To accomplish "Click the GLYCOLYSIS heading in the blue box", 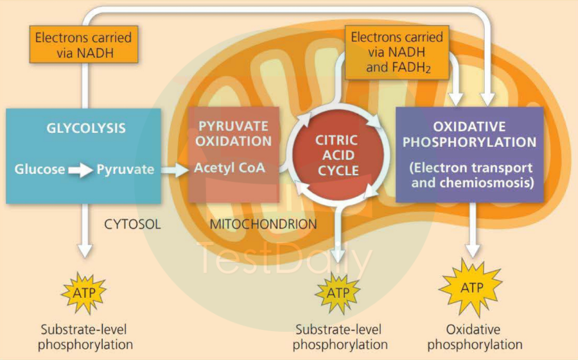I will coord(85,128).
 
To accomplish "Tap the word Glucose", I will coord(40,170).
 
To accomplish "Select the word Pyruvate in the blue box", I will coord(125,170).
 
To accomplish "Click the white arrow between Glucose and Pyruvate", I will coord(81,170).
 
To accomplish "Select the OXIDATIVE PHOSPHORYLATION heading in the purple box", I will coord(469,134).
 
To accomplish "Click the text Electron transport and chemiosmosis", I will coord(470,174).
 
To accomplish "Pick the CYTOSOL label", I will coord(132,225).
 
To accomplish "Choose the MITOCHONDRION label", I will coord(263,225).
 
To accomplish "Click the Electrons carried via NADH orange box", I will coord(83,45).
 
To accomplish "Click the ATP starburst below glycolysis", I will coord(85,293).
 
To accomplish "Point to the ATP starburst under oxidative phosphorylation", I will coord(472,287).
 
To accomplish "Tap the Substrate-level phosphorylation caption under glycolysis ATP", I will coord(85,337).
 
